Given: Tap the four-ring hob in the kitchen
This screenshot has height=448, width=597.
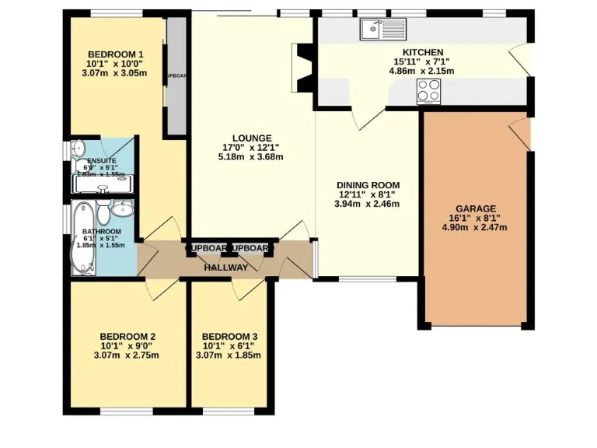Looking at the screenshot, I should [429, 91].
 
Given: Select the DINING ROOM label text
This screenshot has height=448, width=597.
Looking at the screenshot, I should [368, 184].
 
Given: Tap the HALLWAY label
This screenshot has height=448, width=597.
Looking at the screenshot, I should [226, 268].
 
